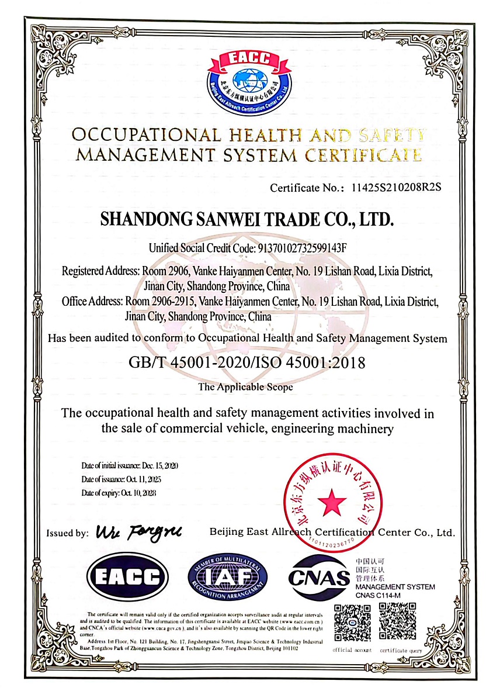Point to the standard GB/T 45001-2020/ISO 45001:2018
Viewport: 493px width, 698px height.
click(246, 362)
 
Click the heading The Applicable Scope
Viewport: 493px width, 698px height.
click(245, 386)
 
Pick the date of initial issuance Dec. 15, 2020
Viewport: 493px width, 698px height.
click(160, 466)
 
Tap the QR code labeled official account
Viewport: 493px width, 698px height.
click(352, 623)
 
